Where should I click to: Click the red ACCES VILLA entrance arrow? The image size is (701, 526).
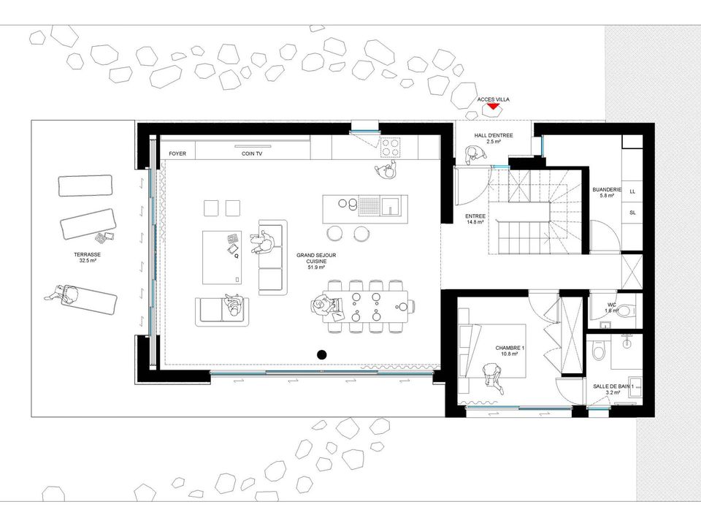tap(493, 107)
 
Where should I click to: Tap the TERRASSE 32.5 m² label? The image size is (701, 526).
tap(87, 257)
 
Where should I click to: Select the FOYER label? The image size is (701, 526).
tap(177, 153)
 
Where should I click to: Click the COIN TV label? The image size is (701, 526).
tap(252, 153)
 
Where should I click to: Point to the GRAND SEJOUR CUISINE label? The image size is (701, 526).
tap(316, 261)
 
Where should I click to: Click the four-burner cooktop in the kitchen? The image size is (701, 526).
tap(390, 147)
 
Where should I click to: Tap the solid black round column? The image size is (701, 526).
tap(321, 355)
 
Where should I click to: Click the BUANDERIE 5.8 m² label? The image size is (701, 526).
tap(607, 192)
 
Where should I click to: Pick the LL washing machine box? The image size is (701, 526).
tap(632, 191)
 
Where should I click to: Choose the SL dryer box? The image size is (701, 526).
tap(632, 213)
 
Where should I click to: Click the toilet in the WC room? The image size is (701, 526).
tap(626, 310)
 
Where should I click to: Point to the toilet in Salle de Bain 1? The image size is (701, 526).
tap(598, 350)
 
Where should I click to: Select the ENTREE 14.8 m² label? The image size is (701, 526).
tap(475, 218)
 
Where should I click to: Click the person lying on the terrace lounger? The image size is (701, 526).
tap(63, 294)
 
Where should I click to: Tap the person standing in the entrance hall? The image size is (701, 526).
tap(472, 155)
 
